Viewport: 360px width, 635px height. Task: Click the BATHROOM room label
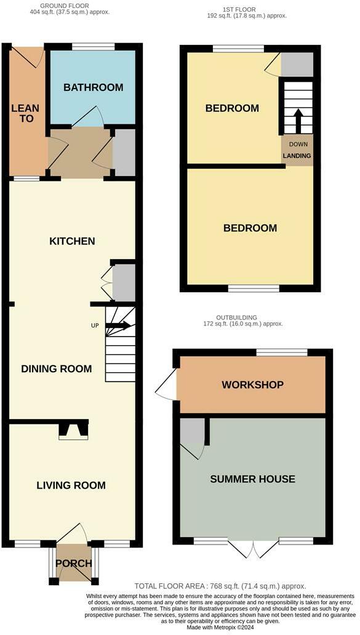(x=93, y=87)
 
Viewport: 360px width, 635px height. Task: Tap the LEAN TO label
(x=25, y=113)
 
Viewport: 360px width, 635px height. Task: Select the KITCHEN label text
(x=72, y=241)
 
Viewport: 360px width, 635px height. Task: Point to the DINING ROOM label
(x=57, y=369)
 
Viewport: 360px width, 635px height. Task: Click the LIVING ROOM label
(x=71, y=485)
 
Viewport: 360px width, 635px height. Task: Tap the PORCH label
(x=73, y=563)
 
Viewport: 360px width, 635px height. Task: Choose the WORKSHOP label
(x=252, y=385)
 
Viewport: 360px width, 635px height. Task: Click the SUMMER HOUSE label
(x=252, y=479)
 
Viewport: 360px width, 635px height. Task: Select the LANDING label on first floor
(x=297, y=156)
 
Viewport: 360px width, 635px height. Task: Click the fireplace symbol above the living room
(x=73, y=430)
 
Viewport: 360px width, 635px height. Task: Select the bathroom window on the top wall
(x=93, y=47)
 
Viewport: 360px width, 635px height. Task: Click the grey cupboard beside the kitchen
(x=123, y=282)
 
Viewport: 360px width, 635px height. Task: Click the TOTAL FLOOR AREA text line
(x=220, y=586)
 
